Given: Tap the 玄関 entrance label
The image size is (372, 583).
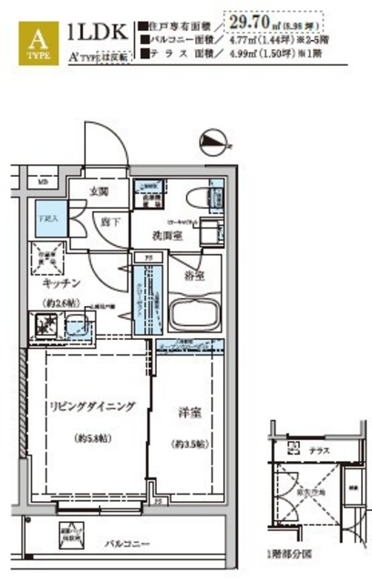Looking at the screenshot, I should (98, 191).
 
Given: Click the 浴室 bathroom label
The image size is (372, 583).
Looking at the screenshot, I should (193, 272).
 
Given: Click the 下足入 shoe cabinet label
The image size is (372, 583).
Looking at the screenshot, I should (46, 220).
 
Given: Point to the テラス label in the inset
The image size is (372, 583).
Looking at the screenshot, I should (319, 450).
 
